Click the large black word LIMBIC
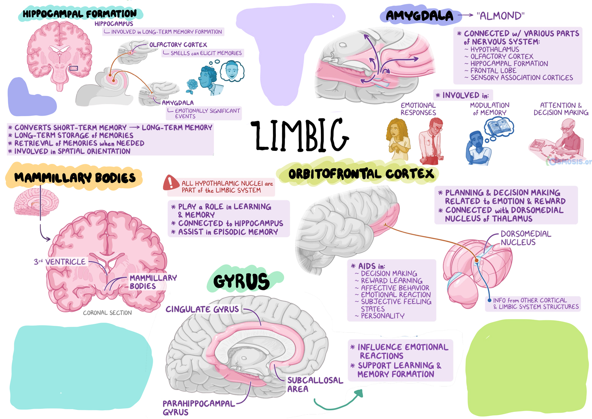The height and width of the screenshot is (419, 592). pyautogui.click(x=300, y=135)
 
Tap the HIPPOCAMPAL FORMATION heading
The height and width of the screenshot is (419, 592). pyautogui.click(x=80, y=14)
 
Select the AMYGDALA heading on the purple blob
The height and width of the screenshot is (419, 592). pyautogui.click(x=419, y=16)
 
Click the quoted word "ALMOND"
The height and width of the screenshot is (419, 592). pyautogui.click(x=500, y=16)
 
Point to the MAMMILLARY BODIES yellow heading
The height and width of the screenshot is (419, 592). pyautogui.click(x=75, y=178)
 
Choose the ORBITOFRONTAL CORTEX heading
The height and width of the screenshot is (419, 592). pyautogui.click(x=361, y=174)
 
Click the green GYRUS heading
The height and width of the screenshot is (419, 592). pyautogui.click(x=242, y=281)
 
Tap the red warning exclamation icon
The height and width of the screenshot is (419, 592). pyautogui.click(x=171, y=183)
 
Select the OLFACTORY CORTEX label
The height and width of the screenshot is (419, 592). pyautogui.click(x=178, y=45)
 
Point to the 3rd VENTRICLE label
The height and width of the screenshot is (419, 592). pyautogui.click(x=60, y=262)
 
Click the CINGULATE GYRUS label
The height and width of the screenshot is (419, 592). pyautogui.click(x=202, y=309)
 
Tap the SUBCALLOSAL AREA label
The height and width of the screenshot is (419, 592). pyautogui.click(x=315, y=385)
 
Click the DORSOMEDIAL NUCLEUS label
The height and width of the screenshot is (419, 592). pyautogui.click(x=525, y=238)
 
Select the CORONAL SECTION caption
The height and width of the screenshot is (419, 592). pyautogui.click(x=107, y=313)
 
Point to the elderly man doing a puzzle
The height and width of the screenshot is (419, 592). pyautogui.click(x=568, y=138)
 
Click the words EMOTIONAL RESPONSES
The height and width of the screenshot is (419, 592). pyautogui.click(x=418, y=109)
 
